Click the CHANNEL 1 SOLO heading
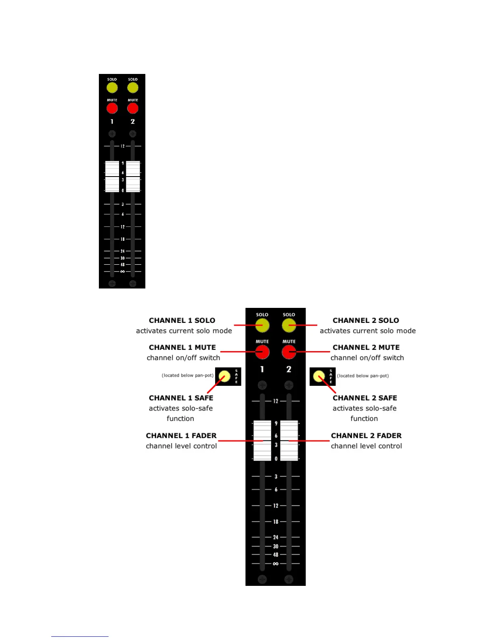(182, 320)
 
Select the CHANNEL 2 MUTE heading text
(366, 347)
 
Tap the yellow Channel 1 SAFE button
(224, 377)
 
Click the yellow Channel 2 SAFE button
(319, 377)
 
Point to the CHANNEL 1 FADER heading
(181, 436)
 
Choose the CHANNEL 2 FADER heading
(366, 436)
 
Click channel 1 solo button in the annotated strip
(262, 325)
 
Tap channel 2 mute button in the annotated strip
(289, 352)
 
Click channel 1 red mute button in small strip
(112, 108)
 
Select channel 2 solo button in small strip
(133, 88)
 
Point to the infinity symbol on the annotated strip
(276, 564)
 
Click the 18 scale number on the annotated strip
(276, 522)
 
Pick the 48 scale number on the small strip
(123, 265)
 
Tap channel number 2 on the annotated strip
(289, 369)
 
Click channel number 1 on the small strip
(112, 122)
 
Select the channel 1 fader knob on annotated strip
(262, 440)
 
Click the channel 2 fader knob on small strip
(133, 177)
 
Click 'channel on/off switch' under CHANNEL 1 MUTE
(183, 358)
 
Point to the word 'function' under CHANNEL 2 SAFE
(364, 419)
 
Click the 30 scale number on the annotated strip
(276, 546)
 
